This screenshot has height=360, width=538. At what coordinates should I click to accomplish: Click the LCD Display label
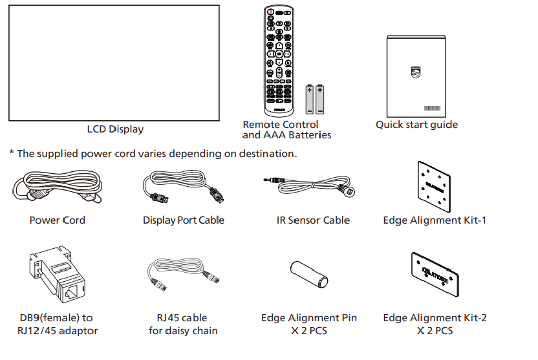tap(115, 129)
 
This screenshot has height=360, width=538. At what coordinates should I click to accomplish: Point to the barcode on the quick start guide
tap(432, 108)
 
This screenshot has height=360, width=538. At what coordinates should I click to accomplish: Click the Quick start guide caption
tap(416, 124)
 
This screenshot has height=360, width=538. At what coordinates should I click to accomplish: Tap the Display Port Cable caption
tap(184, 220)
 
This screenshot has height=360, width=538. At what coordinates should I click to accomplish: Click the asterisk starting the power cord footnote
tap(11, 154)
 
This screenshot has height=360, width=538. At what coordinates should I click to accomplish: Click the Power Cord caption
tap(57, 220)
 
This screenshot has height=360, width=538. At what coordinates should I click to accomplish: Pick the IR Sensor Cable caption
tap(313, 220)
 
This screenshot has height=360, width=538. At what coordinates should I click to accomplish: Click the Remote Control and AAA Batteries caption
tap(286, 130)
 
